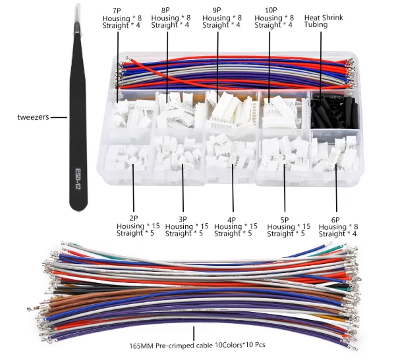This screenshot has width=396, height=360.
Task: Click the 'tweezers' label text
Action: point(32,118)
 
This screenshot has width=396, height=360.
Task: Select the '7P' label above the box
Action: point(117,11)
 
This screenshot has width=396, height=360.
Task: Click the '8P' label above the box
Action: point(166,11)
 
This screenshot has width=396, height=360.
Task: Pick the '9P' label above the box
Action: point(217,11)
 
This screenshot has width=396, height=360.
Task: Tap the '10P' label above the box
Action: point(269,11)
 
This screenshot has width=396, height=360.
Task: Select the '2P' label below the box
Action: point(132,218)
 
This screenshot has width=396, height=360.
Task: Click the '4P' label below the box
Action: point(233,219)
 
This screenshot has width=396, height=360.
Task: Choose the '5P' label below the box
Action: point(284,219)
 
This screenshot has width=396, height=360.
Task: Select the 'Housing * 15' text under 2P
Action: point(132,226)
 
